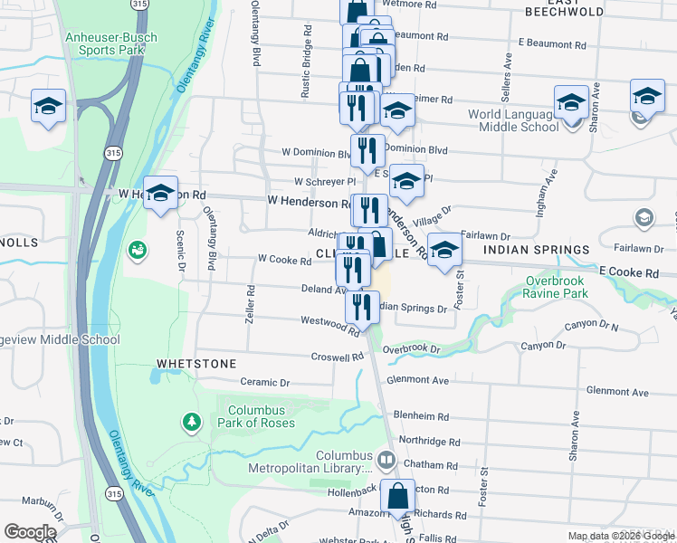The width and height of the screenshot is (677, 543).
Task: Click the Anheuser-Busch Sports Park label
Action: pos(111,43)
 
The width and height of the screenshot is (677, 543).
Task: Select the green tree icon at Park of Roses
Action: pos(192,421)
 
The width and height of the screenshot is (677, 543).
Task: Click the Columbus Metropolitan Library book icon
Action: pos(387,461)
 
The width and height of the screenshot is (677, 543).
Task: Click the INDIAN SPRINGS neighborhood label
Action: pos(536,249)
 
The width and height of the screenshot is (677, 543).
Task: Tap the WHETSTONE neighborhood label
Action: pos(196,363)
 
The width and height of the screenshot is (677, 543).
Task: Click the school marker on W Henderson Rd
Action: pos(160,194)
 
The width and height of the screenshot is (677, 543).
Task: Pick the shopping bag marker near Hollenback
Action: pos(397,496)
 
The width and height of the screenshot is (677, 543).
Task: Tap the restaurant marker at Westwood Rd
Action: pos(362,306)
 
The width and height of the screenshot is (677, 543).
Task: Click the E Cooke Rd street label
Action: pos(628,272)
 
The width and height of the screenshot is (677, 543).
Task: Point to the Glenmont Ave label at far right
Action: pos(617,392)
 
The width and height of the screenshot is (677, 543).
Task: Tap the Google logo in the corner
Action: pos(30,532)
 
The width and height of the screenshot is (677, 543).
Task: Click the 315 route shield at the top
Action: pos(138,5)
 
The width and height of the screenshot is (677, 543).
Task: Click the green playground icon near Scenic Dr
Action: pos(137,248)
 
